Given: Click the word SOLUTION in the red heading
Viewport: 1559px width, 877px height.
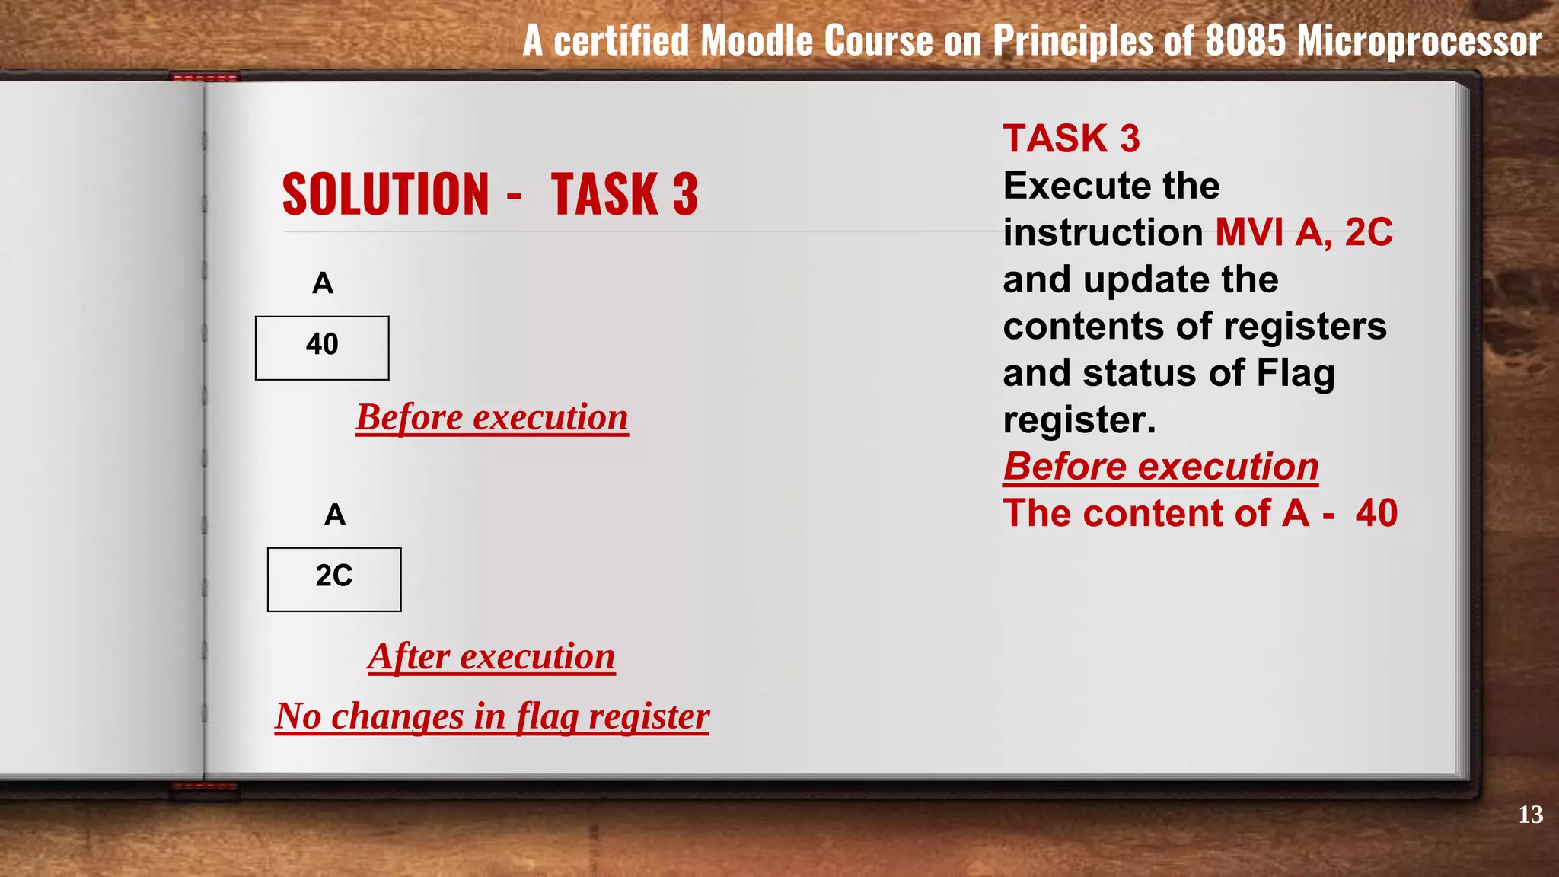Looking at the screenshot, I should (385, 194).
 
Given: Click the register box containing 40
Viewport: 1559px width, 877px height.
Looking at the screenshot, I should (322, 348).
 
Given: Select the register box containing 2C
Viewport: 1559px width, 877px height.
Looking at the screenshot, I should (334, 579).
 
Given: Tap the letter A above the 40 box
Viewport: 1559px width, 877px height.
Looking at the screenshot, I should (323, 283).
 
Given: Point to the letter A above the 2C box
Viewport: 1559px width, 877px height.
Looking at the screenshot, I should (335, 515).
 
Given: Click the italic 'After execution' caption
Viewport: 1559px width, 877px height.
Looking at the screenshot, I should (492, 656).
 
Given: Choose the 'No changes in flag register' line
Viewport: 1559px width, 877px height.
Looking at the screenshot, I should (493, 716).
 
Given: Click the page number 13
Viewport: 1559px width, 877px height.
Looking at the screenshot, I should (1530, 815).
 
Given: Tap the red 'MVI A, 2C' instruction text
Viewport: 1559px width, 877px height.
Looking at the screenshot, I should (1304, 232).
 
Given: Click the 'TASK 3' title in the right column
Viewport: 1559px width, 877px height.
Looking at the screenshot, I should (1071, 139).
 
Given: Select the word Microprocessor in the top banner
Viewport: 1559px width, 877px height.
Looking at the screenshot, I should (1420, 40).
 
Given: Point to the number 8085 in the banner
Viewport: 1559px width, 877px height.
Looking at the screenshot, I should (1245, 40).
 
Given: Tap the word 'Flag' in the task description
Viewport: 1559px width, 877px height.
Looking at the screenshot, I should (1296, 373).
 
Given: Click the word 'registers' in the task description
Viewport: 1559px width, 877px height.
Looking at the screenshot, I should (1298, 326).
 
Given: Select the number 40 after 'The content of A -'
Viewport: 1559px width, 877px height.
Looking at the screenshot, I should (1376, 513).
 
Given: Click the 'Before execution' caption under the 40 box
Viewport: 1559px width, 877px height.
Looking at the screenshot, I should (492, 417).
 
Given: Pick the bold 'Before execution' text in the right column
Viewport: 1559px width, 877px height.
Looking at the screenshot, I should (1161, 466).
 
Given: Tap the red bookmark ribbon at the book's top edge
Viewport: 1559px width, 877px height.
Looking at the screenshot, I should (205, 77).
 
